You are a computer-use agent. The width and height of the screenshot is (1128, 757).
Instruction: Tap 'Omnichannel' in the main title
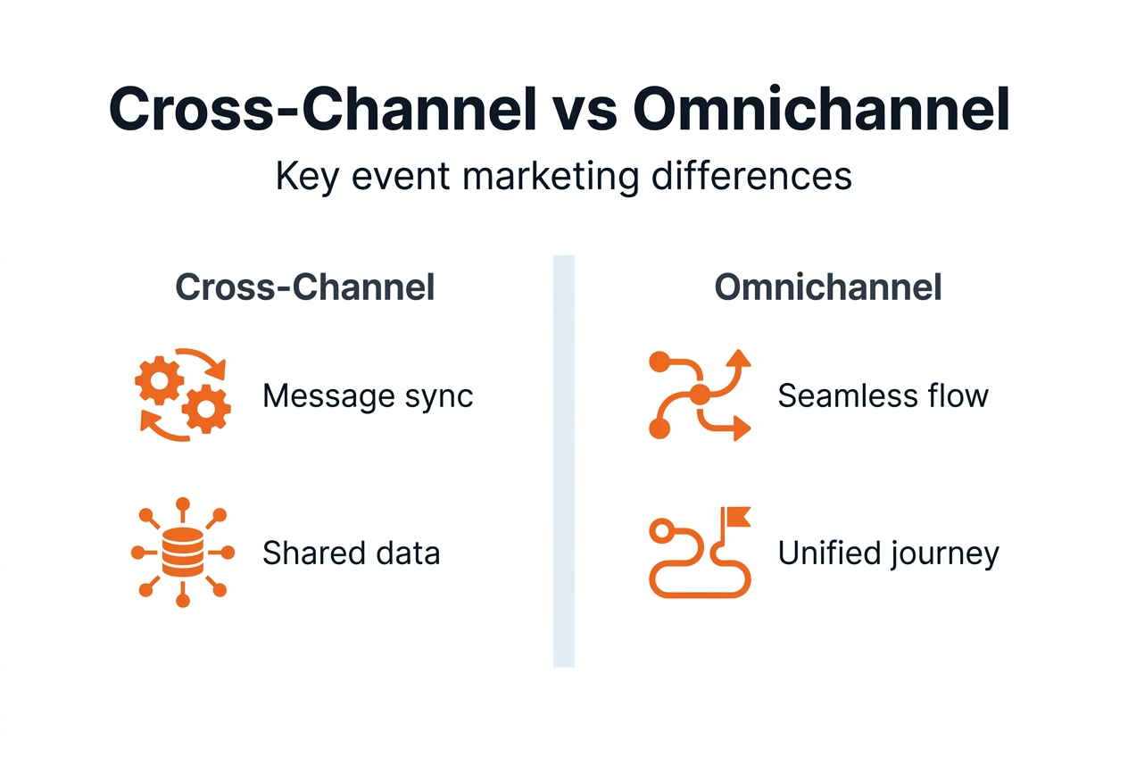(821, 109)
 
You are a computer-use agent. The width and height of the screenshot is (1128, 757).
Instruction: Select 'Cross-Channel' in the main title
(323, 109)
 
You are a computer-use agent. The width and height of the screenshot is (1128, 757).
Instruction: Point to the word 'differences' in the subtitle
(751, 176)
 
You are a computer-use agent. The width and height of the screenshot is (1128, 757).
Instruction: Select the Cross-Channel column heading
(305, 287)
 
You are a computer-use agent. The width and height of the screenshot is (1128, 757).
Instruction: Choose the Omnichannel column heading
(828, 287)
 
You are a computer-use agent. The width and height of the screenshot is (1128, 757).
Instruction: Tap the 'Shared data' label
(352, 553)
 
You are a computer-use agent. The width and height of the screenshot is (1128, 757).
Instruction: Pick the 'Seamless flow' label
(883, 395)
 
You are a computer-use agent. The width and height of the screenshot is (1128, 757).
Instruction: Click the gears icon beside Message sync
(182, 395)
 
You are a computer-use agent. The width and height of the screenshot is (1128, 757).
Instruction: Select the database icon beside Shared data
(183, 553)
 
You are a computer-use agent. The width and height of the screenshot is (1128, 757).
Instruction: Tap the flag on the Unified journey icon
(737, 516)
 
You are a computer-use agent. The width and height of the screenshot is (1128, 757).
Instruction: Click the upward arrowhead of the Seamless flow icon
(739, 358)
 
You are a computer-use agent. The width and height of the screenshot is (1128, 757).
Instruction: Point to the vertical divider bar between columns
(564, 462)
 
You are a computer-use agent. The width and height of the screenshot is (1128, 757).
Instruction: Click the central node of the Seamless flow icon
(700, 395)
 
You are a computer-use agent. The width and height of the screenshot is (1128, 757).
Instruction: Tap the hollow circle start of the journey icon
(662, 530)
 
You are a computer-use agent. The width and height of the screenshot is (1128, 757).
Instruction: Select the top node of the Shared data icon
(183, 504)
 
